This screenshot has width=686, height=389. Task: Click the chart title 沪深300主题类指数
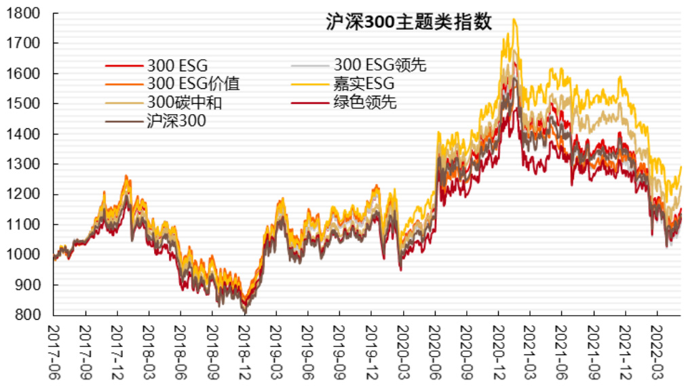coord(407,22)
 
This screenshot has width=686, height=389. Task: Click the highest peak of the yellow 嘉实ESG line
coord(514,19)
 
